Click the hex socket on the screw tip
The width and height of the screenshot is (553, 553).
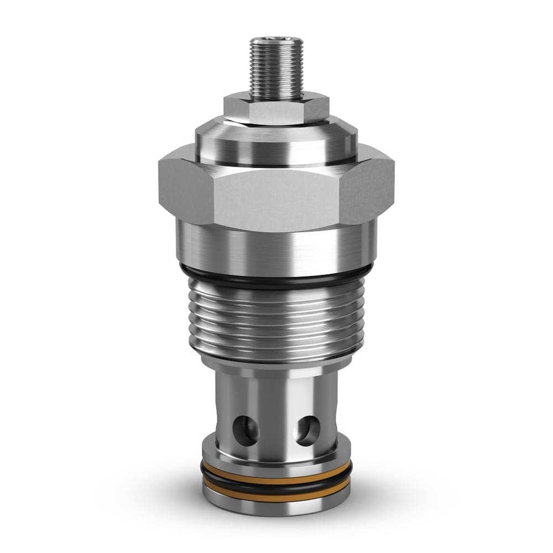pos(276,40)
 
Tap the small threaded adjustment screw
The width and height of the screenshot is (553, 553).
pos(276,69)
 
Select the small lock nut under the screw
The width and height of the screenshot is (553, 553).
pos(276,109)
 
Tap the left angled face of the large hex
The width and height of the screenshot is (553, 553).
pos(185,191)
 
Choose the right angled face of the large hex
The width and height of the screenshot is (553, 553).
pos(368,191)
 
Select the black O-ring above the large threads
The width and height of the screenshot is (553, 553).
pos(276,276)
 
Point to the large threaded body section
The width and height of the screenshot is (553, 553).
pos(276,321)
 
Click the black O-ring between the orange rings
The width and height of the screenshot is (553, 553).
pos(276,486)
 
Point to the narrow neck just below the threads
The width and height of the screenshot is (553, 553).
pos(276,367)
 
